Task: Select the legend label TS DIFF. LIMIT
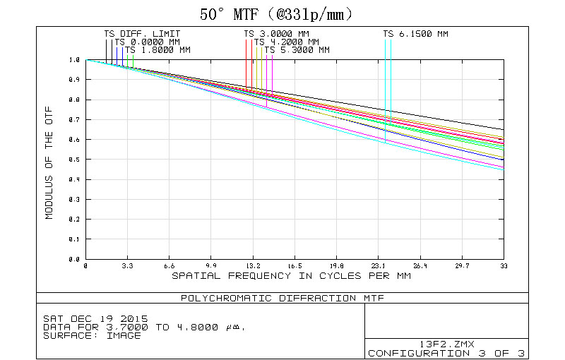pos(142,33)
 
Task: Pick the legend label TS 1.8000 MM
pos(157,50)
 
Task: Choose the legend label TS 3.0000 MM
pos(276,33)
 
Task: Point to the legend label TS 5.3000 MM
pos(297,50)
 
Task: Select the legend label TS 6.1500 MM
pos(415,33)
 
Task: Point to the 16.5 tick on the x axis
pos(295,266)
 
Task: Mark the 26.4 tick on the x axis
pos(420,266)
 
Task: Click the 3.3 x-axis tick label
pos(128,266)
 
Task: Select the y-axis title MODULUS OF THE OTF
pos(49,160)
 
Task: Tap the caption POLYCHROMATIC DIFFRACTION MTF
pos(279,298)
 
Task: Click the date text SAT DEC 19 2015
pos(90,318)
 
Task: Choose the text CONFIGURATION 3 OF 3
pos(446,352)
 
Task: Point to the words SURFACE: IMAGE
pos(92,335)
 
